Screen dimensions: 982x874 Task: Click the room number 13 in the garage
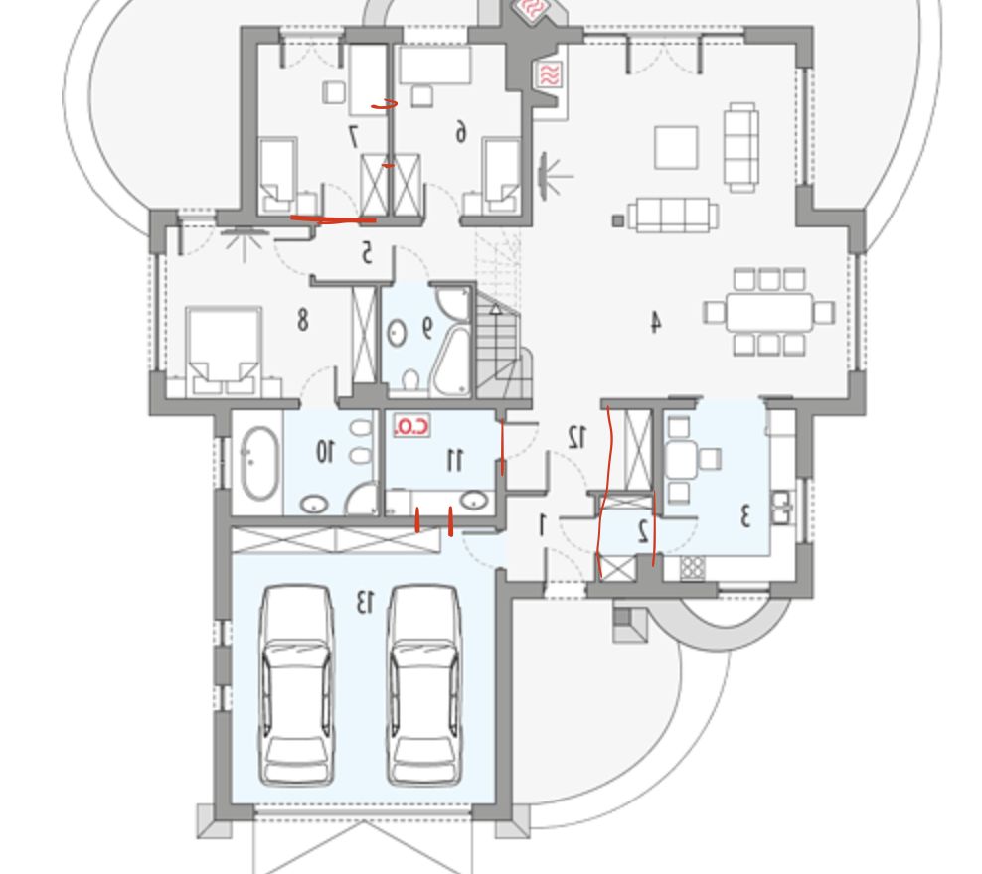[x=365, y=601]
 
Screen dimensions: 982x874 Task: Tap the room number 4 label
[x=655, y=322]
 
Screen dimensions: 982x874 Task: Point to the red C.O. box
[x=412, y=426]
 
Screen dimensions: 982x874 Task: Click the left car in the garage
[x=296, y=685]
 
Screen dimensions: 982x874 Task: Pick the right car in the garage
[x=424, y=685]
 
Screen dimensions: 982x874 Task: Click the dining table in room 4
[x=769, y=312]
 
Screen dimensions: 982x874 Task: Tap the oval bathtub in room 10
[x=259, y=463]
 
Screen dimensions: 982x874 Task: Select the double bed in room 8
[x=224, y=352]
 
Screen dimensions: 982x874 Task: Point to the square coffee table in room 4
[x=677, y=147]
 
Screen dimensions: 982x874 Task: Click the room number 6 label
[x=461, y=132]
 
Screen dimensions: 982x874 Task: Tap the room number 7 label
[x=353, y=136]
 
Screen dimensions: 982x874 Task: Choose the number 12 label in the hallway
[x=576, y=437]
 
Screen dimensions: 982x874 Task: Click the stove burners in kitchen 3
[x=692, y=567]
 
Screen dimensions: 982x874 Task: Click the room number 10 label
[x=325, y=451]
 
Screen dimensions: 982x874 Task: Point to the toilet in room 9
[x=410, y=379]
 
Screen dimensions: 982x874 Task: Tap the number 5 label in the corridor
[x=367, y=253]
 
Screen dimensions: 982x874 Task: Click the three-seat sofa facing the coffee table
[x=673, y=215]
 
